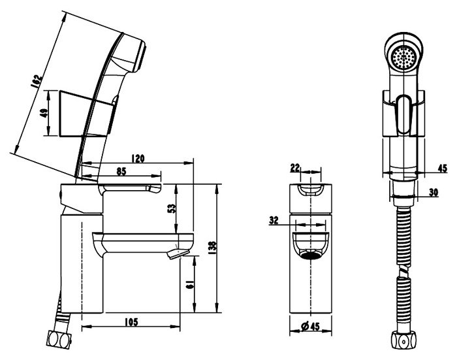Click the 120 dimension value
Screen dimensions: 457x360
(x=138, y=158)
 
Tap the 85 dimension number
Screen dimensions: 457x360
(x=121, y=172)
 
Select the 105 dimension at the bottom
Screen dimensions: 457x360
(x=131, y=322)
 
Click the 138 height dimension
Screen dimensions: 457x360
(x=213, y=248)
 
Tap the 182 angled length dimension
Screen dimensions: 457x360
(x=36, y=82)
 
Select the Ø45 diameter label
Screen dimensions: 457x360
(x=310, y=327)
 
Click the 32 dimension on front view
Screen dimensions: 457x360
(x=274, y=220)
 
